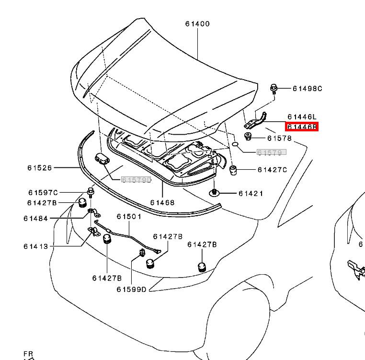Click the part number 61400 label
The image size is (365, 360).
tap(197, 24)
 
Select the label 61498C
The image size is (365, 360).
tap(308, 88)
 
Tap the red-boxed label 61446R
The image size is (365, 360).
tap(302, 127)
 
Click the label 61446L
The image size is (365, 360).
tap(302, 117)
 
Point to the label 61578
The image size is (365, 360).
tap(279, 139)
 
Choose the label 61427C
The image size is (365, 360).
tap(272, 170)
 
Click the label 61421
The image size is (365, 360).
tap(251, 193)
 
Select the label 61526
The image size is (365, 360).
tap(40, 168)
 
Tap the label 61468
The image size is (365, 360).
tap(162, 202)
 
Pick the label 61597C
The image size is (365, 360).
tap(43, 193)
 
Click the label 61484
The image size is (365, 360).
tap(35, 219)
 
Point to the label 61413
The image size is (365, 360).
tap(35, 246)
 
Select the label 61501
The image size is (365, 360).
tap(129, 217)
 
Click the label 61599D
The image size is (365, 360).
tap(131, 289)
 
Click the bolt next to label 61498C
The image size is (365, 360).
tap(274, 89)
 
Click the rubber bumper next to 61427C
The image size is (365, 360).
tap(234, 170)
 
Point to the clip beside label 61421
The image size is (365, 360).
tap(214, 193)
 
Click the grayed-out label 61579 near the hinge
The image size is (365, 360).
tap(271, 152)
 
